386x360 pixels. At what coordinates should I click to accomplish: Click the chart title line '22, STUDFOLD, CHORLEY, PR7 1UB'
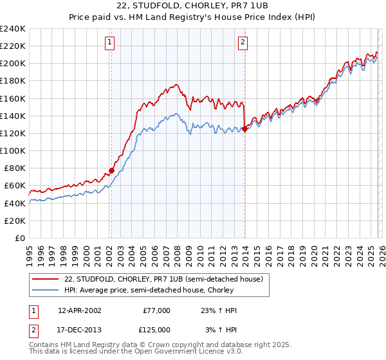(192, 6)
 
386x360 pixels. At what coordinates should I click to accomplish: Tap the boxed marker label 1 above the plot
(111, 43)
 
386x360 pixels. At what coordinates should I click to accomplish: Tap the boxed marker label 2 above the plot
(243, 43)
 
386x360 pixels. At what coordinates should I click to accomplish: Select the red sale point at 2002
(111, 170)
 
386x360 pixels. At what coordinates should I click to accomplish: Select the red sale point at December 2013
(244, 129)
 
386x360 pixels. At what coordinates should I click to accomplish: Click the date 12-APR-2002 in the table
(79, 310)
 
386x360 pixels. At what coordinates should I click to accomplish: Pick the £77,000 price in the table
(156, 310)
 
